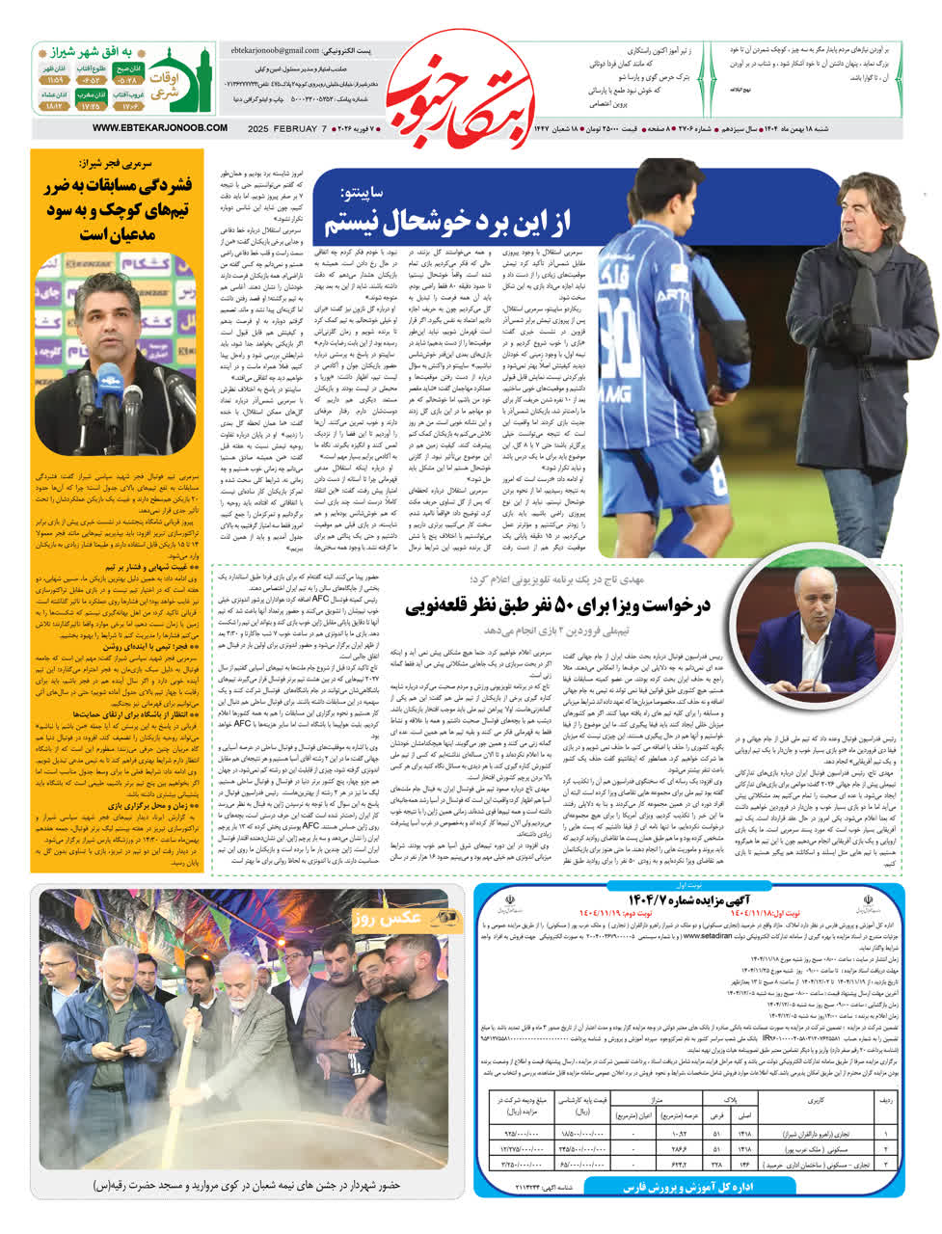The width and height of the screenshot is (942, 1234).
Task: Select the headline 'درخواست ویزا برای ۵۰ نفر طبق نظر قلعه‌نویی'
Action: [556, 605]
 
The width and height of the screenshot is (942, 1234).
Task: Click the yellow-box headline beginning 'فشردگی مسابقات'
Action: [117, 208]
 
